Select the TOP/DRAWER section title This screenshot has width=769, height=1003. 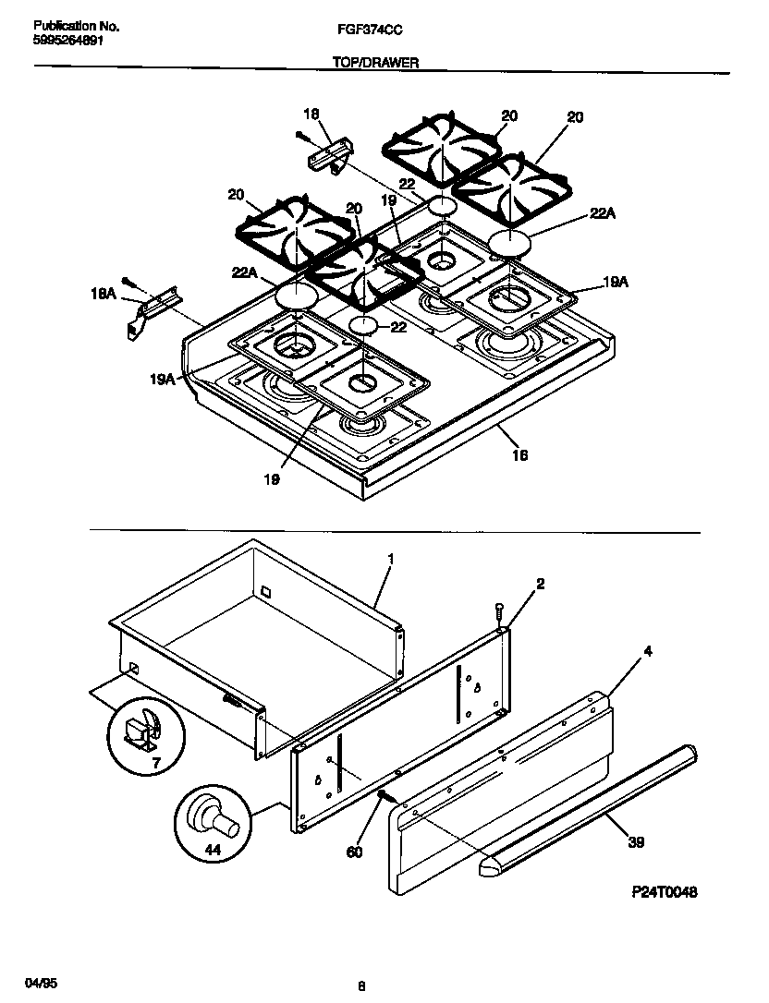point(376,62)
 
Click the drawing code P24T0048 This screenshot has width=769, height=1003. point(665,891)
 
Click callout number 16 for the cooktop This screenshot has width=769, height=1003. point(519,454)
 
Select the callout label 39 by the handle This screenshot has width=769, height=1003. point(636,841)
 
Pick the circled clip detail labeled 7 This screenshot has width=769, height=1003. point(143,736)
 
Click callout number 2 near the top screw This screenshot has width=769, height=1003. point(540,583)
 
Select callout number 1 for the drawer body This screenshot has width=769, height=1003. point(390,560)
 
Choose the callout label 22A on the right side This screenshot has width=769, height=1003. point(602,213)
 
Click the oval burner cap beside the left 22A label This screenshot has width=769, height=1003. point(296,296)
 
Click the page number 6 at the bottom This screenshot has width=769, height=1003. point(360,985)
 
